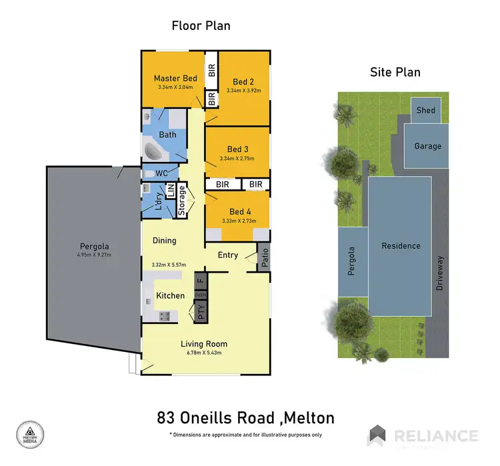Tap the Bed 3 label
(x=238, y=149)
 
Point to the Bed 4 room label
(x=239, y=211)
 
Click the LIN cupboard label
(x=170, y=191)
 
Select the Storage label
(x=182, y=201)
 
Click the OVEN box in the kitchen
(x=200, y=295)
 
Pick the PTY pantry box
(x=200, y=312)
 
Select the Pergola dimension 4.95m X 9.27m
(x=95, y=253)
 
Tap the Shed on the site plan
(x=425, y=111)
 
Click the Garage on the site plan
(x=427, y=146)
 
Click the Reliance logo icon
(x=378, y=436)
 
